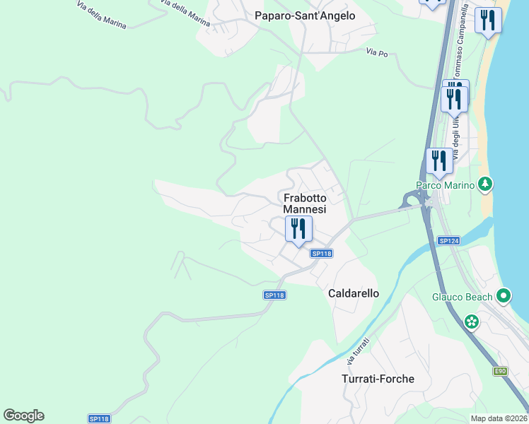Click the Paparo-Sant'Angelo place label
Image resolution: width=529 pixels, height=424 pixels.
click(305, 16)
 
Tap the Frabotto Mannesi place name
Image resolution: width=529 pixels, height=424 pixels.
click(305, 204)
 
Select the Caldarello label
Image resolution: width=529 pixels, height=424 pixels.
click(354, 293)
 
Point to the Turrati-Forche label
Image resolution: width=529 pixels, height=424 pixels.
click(378, 379)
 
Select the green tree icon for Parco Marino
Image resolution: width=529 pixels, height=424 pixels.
click(484, 184)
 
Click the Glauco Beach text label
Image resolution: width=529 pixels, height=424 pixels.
click(462, 297)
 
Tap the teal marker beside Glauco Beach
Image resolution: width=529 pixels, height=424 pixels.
click(504, 296)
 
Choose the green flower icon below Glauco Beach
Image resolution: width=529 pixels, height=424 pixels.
click(472, 322)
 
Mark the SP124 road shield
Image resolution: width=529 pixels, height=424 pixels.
click(448, 241)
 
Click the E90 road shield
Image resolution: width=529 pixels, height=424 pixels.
click(501, 371)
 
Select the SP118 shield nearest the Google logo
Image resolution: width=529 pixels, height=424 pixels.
click(98, 418)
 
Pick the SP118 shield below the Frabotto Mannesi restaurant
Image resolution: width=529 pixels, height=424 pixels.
click(321, 253)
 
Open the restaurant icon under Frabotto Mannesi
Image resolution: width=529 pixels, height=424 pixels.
click(298, 229)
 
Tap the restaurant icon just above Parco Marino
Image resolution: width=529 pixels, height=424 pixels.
click(440, 161)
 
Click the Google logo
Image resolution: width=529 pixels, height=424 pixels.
click(23, 416)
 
